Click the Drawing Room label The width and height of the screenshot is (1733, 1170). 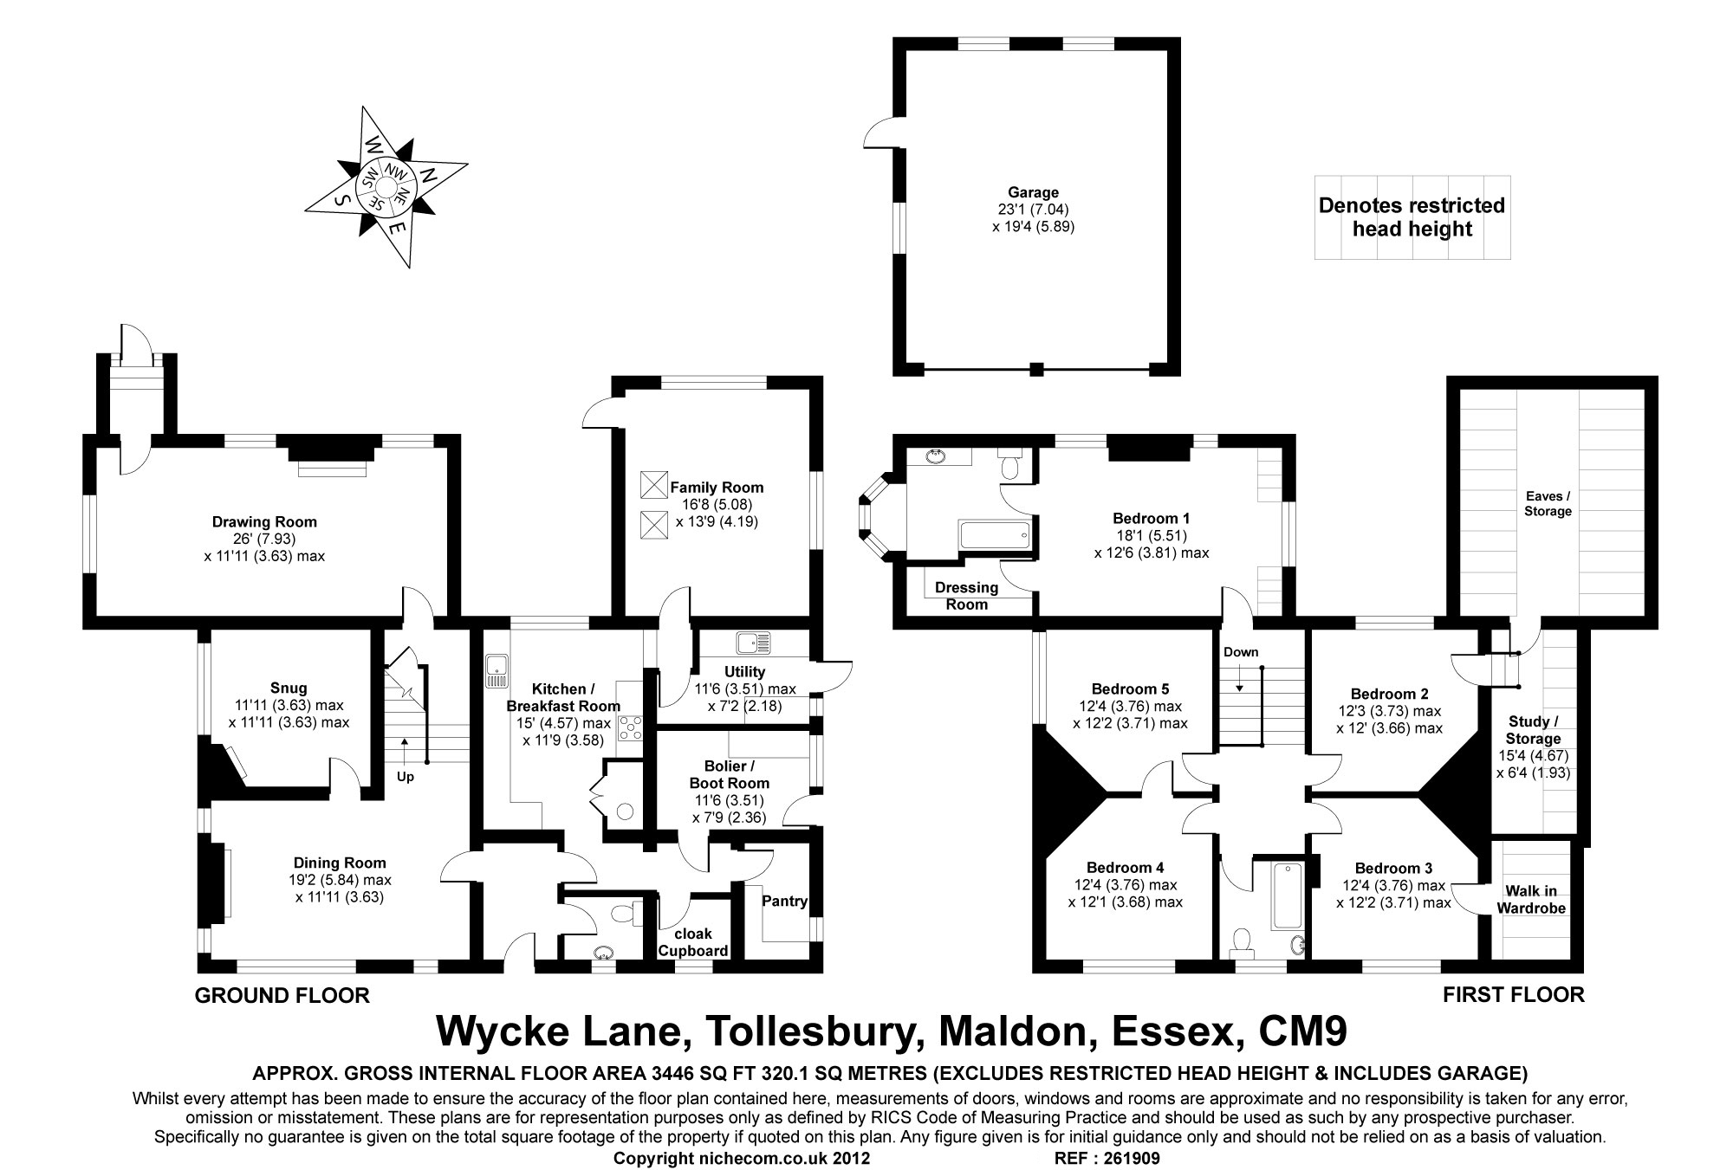click(x=264, y=522)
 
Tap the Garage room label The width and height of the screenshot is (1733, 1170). click(x=1033, y=192)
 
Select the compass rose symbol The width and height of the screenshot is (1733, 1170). click(x=386, y=185)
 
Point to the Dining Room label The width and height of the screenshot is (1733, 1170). click(x=339, y=863)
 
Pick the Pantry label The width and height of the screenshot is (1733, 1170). click(x=784, y=901)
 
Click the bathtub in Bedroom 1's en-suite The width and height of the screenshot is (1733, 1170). click(x=995, y=534)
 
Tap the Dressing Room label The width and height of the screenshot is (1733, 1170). click(x=966, y=596)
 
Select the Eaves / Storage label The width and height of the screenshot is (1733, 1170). click(x=1548, y=503)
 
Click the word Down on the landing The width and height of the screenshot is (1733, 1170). click(x=1241, y=652)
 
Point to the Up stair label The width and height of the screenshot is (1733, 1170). click(x=405, y=777)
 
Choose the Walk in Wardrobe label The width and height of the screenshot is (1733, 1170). click(x=1531, y=899)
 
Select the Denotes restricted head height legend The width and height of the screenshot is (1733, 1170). click(x=1412, y=217)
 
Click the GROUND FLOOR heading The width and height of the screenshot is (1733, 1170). click(x=282, y=996)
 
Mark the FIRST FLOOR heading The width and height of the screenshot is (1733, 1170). click(x=1513, y=995)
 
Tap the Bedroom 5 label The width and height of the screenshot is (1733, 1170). click(x=1130, y=689)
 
